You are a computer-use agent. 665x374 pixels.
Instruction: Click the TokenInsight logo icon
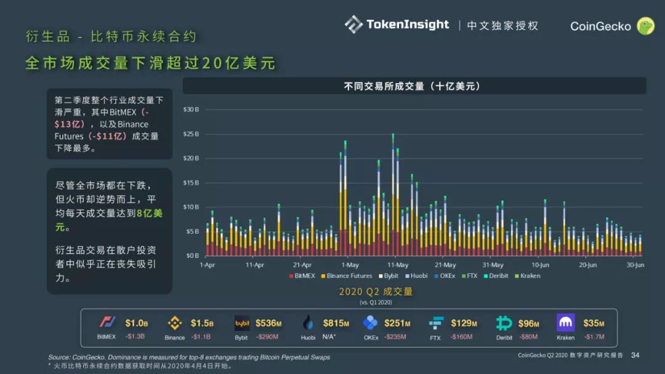[x=353, y=25]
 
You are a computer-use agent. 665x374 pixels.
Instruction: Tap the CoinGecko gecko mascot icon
[x=645, y=26]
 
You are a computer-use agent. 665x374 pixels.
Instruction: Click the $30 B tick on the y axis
[x=191, y=109]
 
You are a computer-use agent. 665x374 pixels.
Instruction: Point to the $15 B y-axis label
[x=191, y=183]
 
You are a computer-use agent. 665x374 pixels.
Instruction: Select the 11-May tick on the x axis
[x=397, y=265]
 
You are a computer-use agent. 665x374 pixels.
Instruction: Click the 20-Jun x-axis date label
[x=587, y=265]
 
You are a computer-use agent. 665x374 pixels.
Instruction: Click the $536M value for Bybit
[x=268, y=323]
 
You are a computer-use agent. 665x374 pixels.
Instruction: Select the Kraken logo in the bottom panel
[x=565, y=322]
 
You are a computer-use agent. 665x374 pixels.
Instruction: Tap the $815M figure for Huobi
[x=336, y=323]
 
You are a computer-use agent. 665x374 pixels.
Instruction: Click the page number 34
[x=635, y=355]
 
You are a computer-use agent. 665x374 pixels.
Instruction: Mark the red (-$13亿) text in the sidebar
[x=102, y=118]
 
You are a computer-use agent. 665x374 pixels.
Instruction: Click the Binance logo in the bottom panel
[x=175, y=322]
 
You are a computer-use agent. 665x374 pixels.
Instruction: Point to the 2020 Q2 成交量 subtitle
[x=376, y=292]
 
